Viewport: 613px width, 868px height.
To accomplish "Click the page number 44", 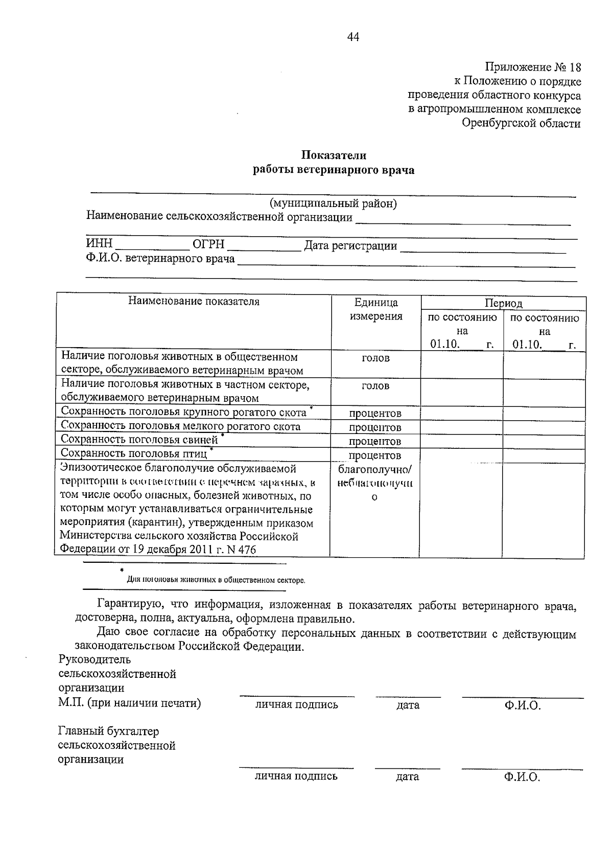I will coord(353,37).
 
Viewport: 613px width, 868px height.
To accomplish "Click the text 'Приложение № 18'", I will coord(533,67).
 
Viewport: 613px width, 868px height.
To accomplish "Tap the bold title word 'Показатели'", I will coord(333,155).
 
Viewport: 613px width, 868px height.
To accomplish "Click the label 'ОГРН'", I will coord(208,245).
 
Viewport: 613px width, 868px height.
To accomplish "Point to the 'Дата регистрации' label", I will coord(350,245).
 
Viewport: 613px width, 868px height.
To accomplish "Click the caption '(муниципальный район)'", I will coord(334,203).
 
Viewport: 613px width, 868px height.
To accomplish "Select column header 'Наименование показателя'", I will coord(194,302).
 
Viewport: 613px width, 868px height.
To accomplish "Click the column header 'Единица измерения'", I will coord(376,309).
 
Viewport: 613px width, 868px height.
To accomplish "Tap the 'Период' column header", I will coord(503,303).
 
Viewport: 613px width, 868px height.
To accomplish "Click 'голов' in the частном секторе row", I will coord(375,386).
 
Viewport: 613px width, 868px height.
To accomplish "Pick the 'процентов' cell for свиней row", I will coord(375,441).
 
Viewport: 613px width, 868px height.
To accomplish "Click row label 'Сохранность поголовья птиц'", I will coord(134,453).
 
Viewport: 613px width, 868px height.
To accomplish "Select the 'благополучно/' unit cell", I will coord(375,469).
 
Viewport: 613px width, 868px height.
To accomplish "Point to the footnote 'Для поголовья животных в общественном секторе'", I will coord(216,580).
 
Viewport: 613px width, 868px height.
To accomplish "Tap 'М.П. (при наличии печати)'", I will coord(130,703).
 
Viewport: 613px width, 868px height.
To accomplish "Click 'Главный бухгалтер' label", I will coord(108,732).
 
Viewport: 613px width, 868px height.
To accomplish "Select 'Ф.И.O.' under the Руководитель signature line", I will coord(522,705).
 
